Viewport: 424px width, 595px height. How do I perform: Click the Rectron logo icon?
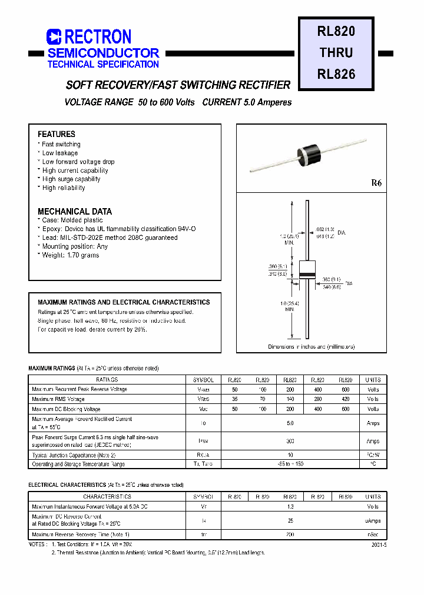[x=54, y=37]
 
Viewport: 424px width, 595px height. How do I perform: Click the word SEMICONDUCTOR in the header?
[x=103, y=53]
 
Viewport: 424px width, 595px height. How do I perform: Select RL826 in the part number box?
[x=336, y=74]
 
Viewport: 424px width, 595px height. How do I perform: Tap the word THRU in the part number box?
[x=336, y=52]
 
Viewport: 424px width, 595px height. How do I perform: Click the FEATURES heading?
[x=57, y=134]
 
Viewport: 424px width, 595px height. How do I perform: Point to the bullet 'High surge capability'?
[x=71, y=179]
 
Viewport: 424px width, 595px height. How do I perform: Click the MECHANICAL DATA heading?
[x=75, y=211]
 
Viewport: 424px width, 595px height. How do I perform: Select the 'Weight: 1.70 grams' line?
[x=71, y=255]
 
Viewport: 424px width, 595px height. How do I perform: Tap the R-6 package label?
[x=376, y=183]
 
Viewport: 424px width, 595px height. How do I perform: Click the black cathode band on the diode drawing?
[x=307, y=276]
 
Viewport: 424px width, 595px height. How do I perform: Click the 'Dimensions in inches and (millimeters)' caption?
[x=312, y=347]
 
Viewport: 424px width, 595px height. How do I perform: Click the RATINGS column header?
[x=107, y=380]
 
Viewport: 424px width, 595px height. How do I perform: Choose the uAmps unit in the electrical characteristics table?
[x=373, y=521]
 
